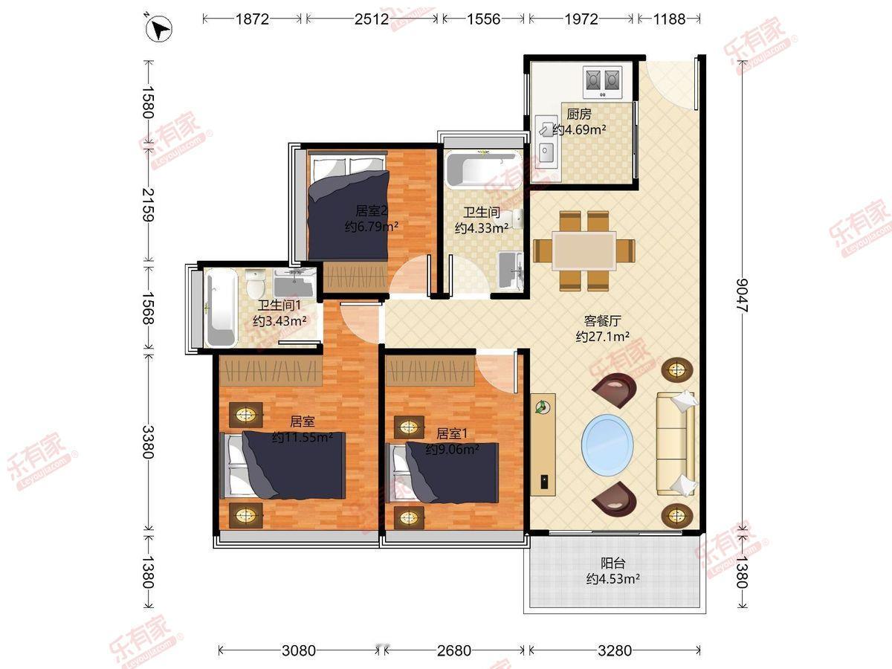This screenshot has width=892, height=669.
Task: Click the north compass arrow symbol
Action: [159, 28]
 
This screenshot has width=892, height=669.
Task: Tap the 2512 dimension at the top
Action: [372, 19]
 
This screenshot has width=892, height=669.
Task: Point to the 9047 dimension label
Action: [742, 295]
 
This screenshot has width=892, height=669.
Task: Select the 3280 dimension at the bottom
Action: [615, 650]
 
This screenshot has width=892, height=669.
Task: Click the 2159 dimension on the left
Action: [148, 204]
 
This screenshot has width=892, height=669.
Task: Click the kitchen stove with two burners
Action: [603, 83]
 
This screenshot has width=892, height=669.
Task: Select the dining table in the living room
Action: [584, 251]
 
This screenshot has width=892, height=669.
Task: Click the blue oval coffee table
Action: [607, 444]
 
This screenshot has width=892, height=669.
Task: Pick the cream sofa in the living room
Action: [676, 444]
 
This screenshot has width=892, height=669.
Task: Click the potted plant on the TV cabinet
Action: [543, 407]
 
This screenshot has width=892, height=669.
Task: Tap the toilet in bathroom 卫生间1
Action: [256, 283]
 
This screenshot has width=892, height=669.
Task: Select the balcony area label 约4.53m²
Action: [613, 579]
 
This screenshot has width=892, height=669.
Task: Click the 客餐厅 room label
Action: [602, 321]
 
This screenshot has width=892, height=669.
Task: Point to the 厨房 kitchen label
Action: [579, 114]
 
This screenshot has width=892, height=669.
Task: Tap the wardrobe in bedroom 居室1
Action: [430, 370]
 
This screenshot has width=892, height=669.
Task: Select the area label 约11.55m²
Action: [302, 438]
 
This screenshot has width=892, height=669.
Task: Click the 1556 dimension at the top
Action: [484, 19]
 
